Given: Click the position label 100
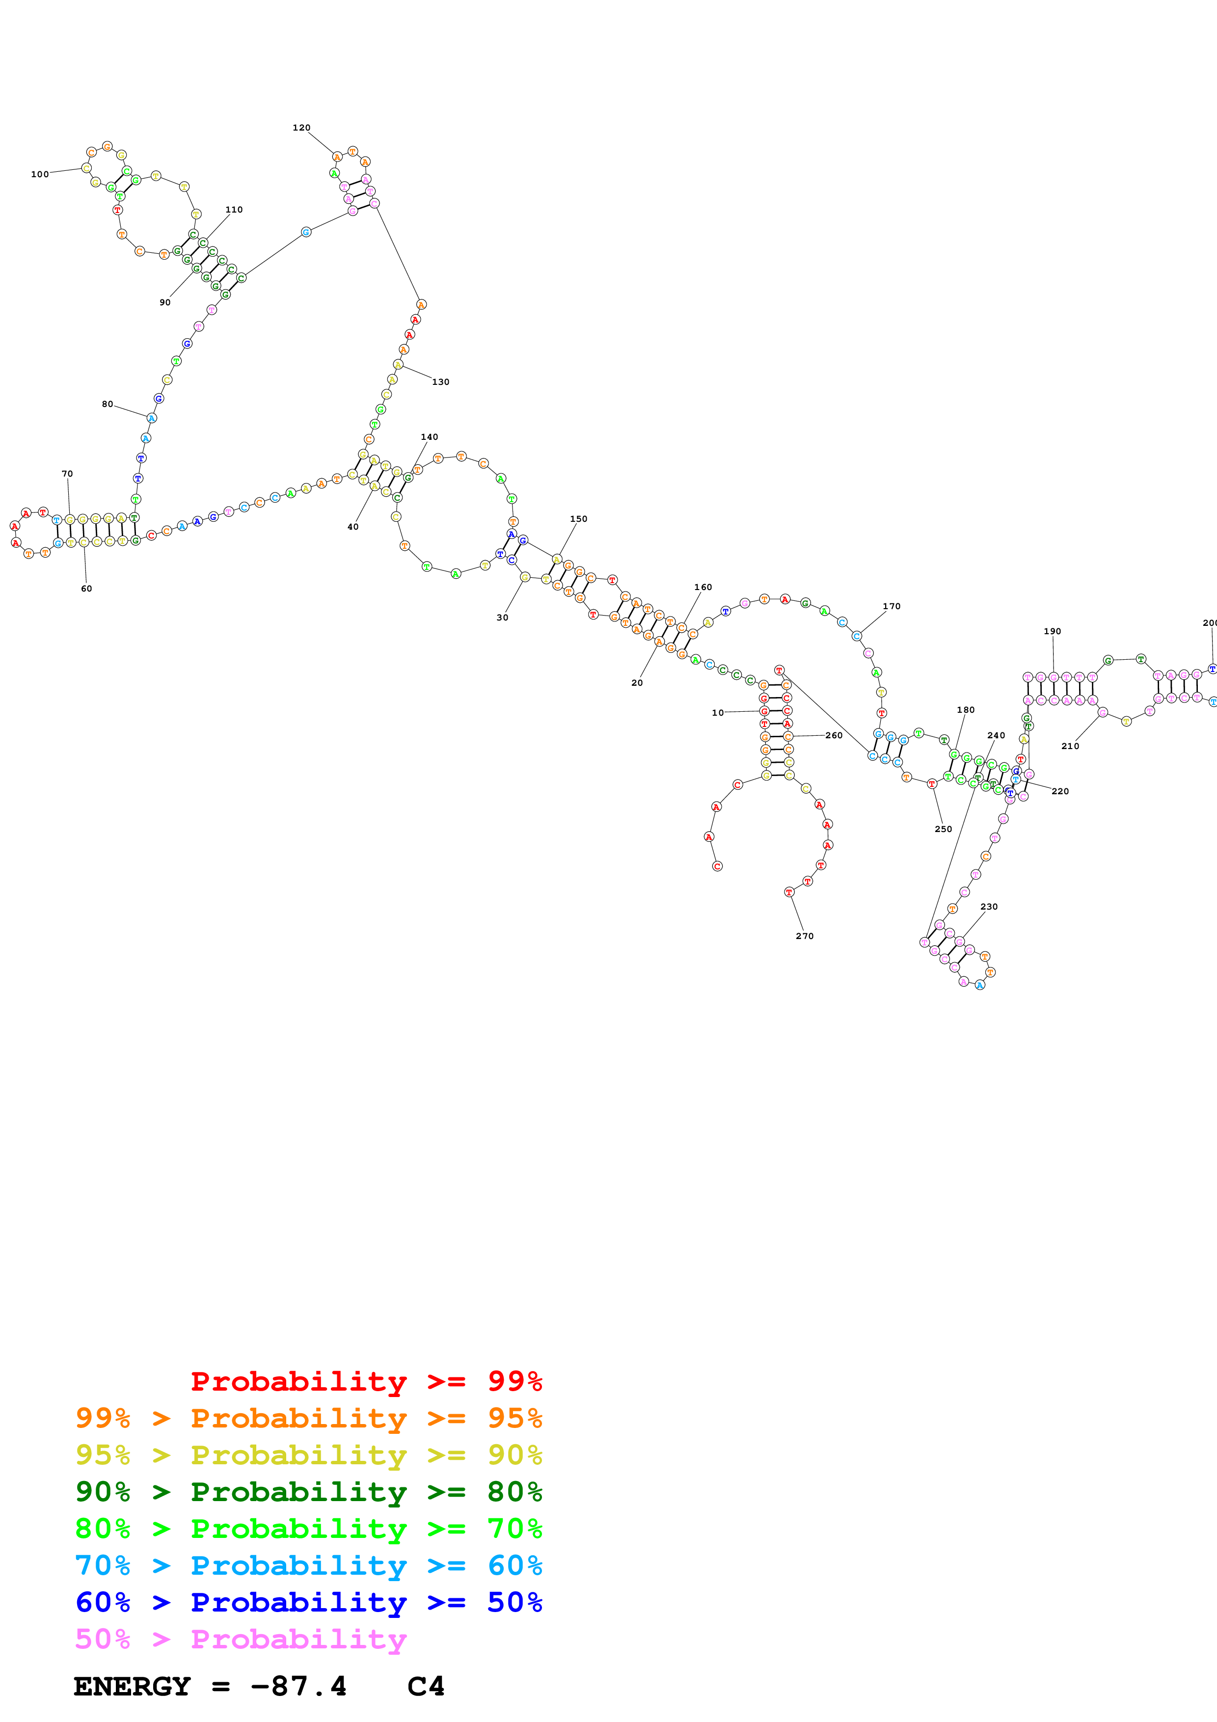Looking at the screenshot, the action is click(40, 174).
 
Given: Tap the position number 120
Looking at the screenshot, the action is click(301, 128).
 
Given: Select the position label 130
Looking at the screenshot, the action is click(441, 382).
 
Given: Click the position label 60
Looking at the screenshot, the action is click(87, 589).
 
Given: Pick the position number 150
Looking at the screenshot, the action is click(579, 518).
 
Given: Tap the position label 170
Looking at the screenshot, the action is click(892, 606).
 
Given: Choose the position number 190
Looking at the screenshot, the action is click(1053, 631).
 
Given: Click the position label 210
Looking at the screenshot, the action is click(1071, 746).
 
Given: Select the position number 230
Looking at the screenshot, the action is click(990, 906).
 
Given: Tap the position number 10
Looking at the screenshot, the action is click(718, 712).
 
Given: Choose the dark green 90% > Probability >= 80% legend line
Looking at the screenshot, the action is click(309, 1492).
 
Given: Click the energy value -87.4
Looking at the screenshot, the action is click(298, 1687).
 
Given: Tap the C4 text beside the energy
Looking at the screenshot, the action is click(427, 1687).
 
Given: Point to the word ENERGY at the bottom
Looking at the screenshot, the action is click(132, 1687).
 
